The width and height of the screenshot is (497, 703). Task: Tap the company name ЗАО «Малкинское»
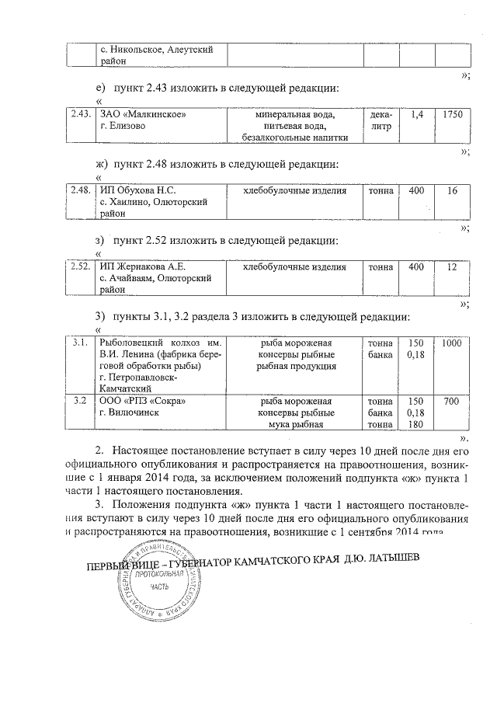pyautogui.click(x=144, y=114)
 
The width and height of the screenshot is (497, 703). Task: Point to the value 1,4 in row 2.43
pyautogui.click(x=417, y=114)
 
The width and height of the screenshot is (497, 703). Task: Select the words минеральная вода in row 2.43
pyautogui.click(x=294, y=114)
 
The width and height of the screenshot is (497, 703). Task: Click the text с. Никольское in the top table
pyautogui.click(x=128, y=50)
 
